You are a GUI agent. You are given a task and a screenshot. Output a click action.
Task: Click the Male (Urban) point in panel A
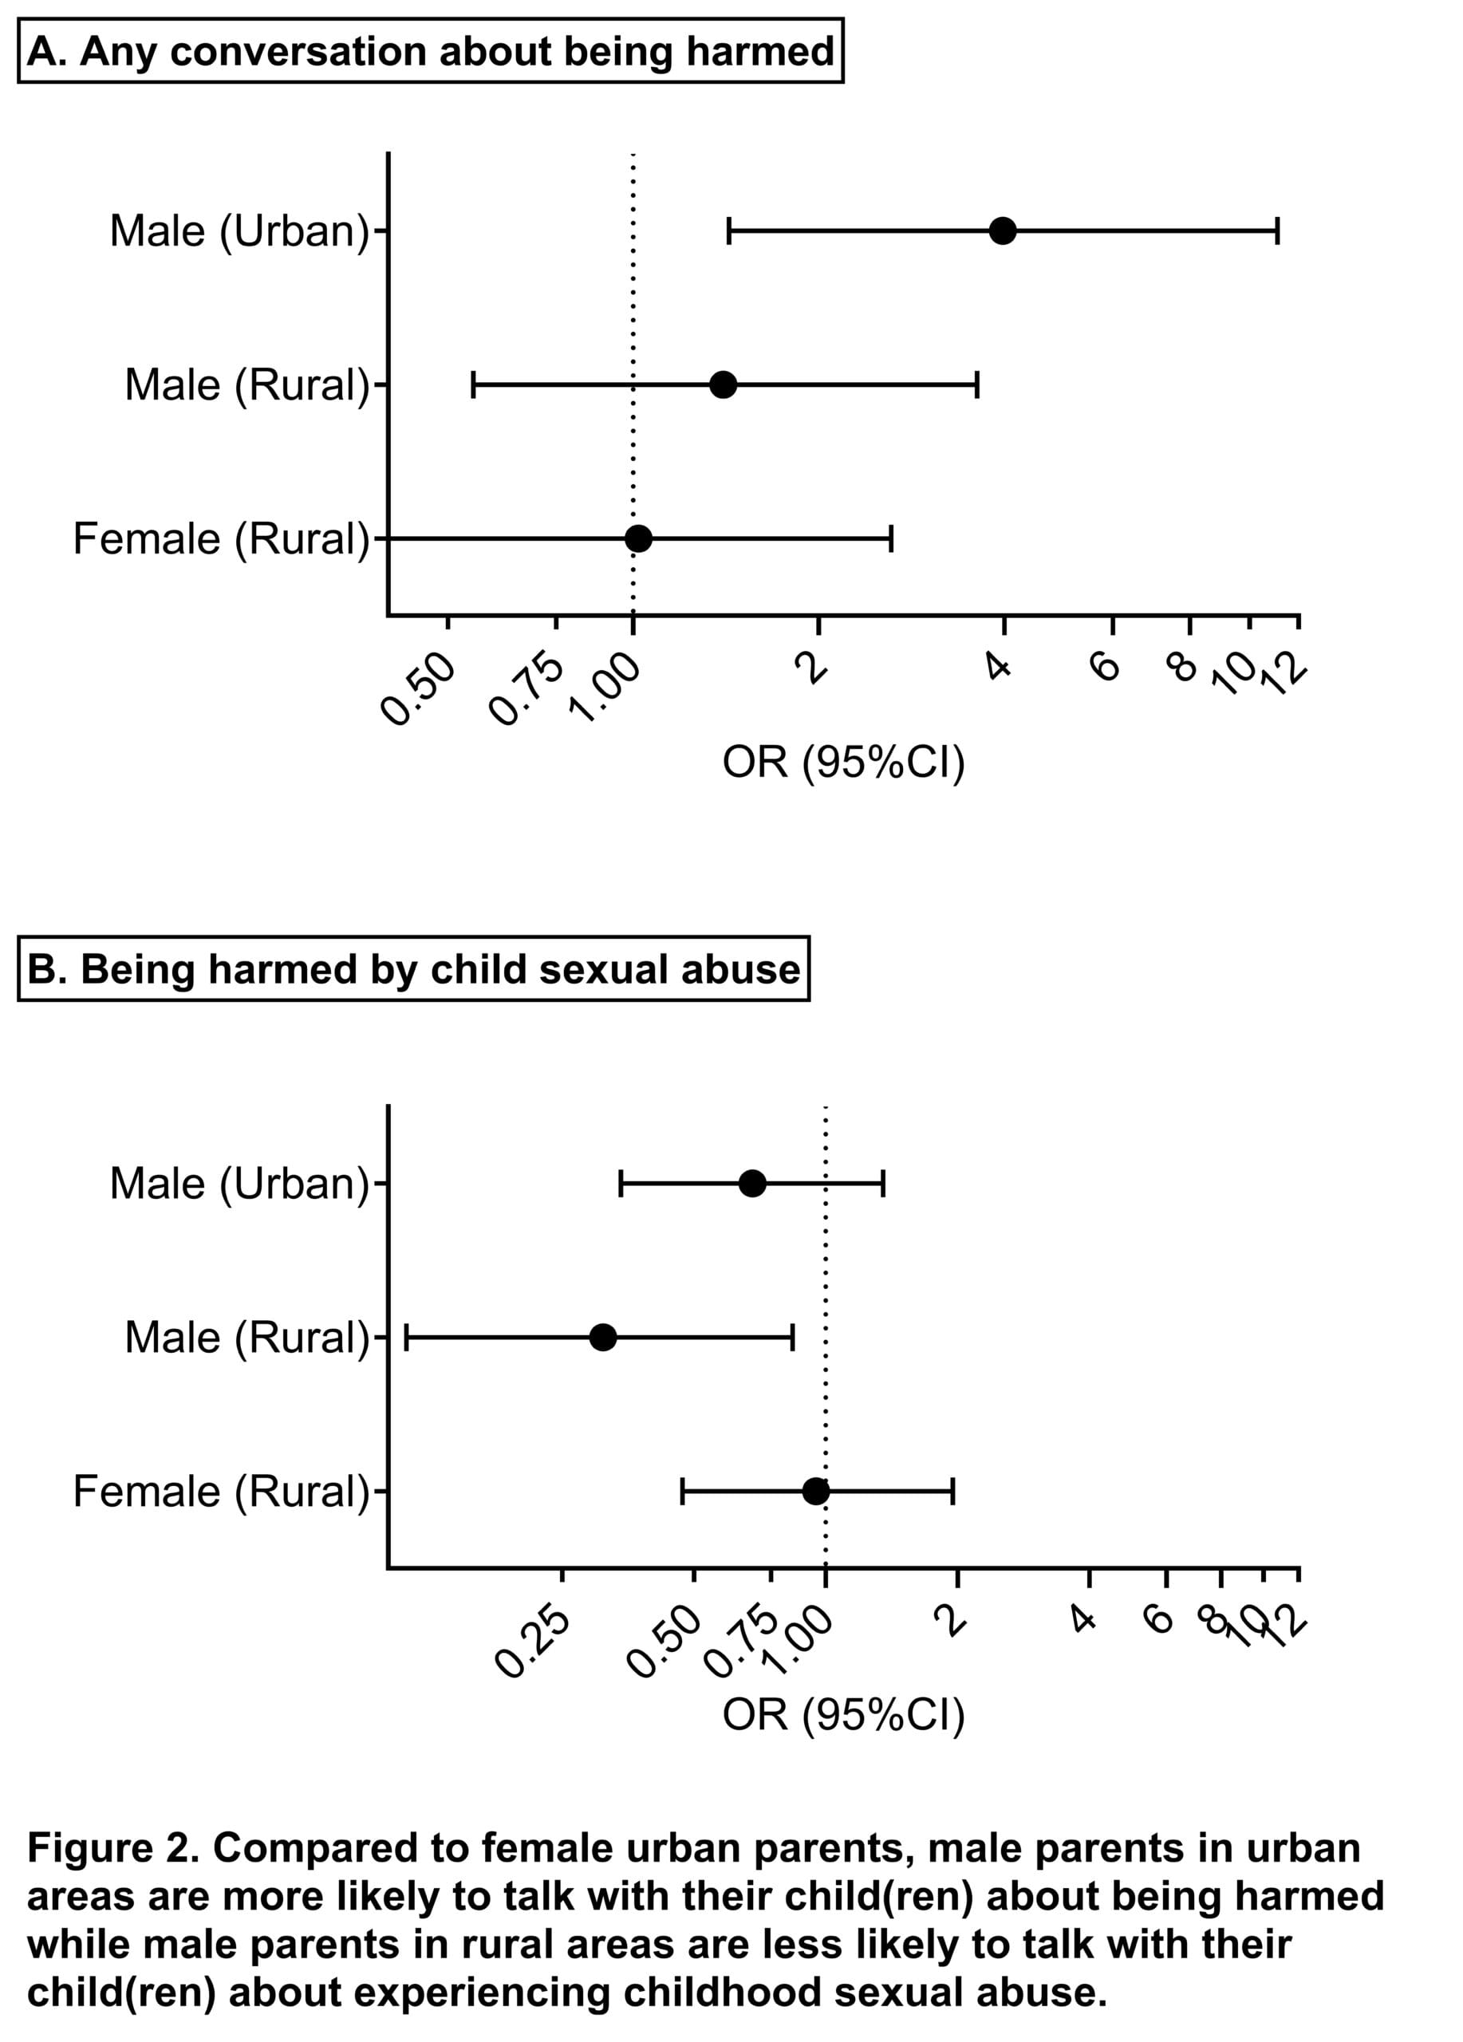1002,231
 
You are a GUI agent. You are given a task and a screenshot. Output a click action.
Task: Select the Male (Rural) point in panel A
723,384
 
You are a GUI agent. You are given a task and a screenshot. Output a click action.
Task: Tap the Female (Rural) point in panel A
638,538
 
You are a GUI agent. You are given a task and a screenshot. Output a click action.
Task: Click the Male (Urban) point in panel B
751,1183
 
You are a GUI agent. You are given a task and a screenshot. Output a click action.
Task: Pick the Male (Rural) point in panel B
603,1337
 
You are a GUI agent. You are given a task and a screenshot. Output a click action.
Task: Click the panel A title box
430,50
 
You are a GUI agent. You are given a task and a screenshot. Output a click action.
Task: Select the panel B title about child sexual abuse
413,969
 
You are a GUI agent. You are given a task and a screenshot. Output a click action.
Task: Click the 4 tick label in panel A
999,665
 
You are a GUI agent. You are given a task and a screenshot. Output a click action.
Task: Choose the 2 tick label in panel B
951,1620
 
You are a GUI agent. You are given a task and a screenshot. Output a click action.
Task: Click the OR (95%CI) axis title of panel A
844,763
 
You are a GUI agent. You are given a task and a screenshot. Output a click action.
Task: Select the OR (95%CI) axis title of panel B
844,1715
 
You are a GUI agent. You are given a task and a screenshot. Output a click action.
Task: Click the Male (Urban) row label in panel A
239,231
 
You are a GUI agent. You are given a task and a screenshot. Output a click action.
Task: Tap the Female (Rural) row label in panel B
222,1492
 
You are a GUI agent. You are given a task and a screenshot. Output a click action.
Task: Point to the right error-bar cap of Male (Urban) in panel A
1276,231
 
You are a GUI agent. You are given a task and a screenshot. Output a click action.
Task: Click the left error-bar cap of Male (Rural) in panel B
407,1337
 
